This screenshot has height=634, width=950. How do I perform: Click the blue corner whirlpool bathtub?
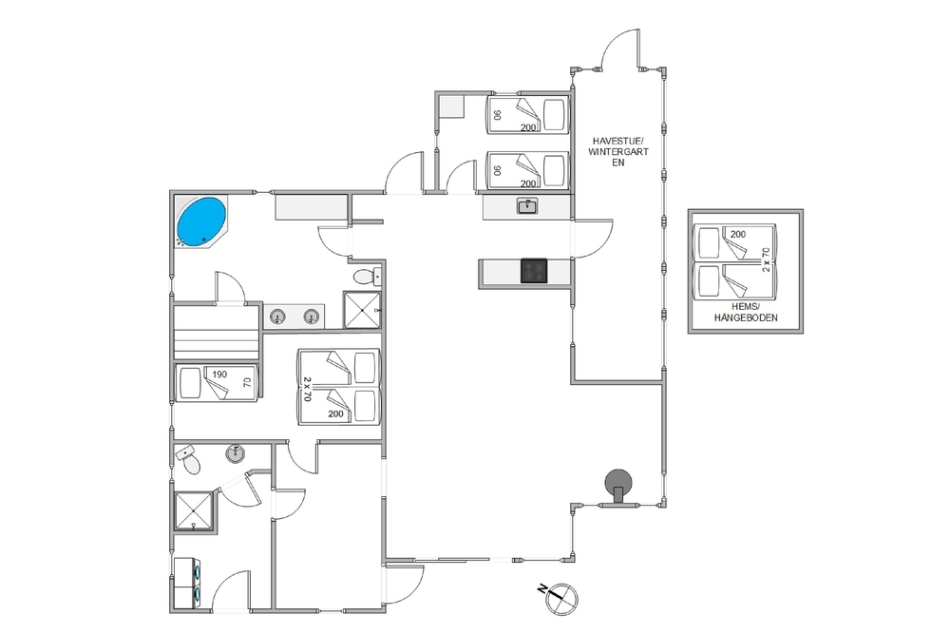[x=201, y=221]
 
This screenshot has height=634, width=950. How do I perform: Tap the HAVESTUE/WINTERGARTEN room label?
[x=618, y=151]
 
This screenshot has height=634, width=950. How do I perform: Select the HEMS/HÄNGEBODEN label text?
[x=745, y=312]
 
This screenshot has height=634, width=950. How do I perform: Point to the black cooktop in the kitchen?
[x=534, y=270]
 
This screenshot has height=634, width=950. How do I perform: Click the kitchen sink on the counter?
[x=527, y=206]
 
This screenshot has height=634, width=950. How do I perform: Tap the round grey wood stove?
[x=618, y=483]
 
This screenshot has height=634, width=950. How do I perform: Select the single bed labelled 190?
[x=217, y=382]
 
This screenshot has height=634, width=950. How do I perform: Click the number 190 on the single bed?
[x=219, y=374]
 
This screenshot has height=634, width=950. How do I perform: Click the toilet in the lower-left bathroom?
[x=188, y=460]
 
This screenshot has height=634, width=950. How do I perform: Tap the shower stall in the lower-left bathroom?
[x=194, y=511]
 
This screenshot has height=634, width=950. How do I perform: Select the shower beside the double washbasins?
[x=362, y=310]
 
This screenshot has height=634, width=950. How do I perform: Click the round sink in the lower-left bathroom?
[x=235, y=452]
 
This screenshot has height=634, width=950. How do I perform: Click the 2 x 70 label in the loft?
[x=767, y=259]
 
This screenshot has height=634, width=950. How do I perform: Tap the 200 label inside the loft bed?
[x=738, y=234]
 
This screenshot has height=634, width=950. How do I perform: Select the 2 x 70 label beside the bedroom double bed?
[x=307, y=389]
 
